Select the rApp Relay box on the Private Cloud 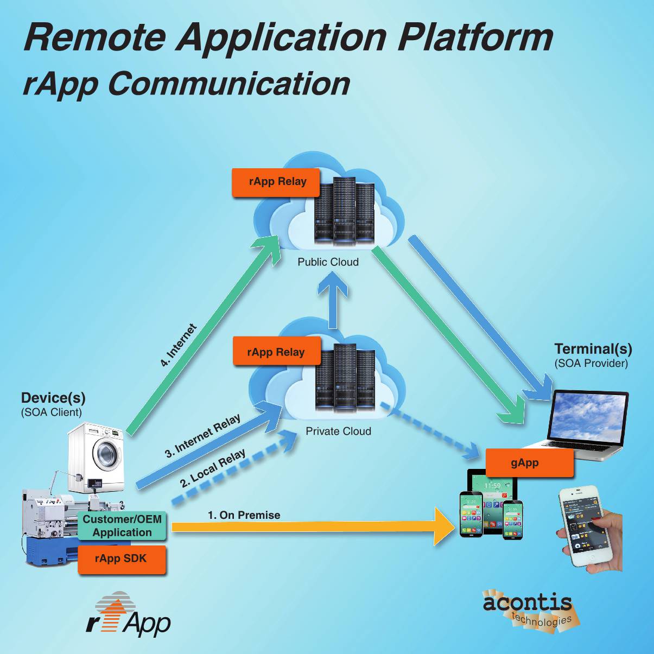click(276, 352)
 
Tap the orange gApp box click(529, 463)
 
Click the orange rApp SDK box click(122, 559)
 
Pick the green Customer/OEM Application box click(122, 526)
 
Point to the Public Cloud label click(328, 262)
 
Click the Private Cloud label click(338, 431)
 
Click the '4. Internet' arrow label click(178, 345)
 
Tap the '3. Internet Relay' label click(202, 436)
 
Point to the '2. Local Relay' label click(213, 468)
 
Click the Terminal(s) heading click(593, 349)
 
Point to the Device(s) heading click(53, 398)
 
